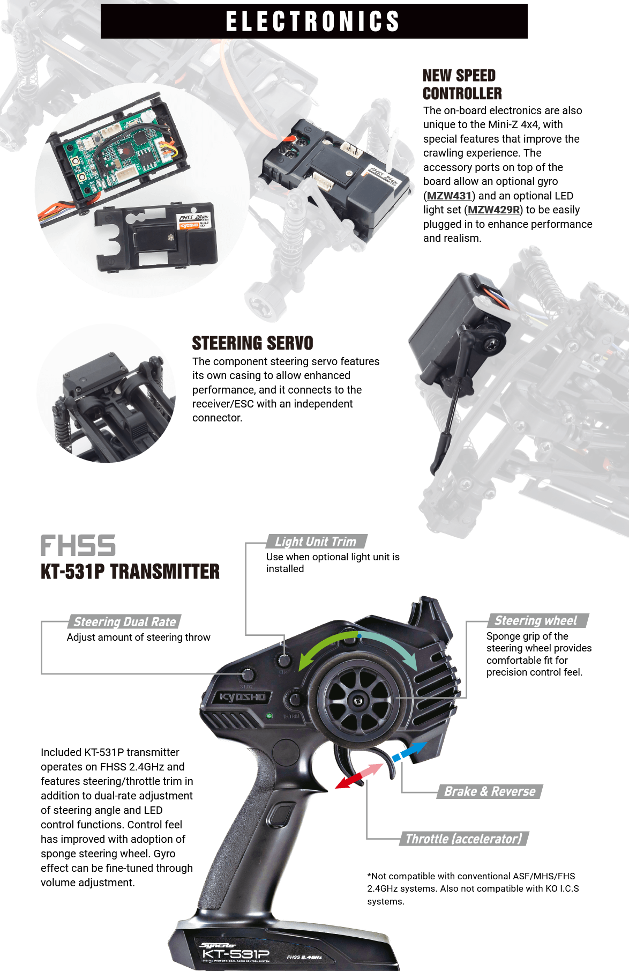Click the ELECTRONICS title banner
[x=314, y=21]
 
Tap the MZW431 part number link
[x=449, y=196]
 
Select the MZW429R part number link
[x=493, y=210]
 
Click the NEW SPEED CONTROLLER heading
[x=462, y=85]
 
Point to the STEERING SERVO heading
[x=252, y=343]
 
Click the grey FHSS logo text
[x=78, y=546]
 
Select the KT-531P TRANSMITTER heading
[x=130, y=572]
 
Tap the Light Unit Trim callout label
[x=316, y=542]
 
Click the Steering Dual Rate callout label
[x=124, y=622]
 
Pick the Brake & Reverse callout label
[x=490, y=791]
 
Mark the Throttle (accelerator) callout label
[x=464, y=839]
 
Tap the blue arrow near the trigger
[x=409, y=750]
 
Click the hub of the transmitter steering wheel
[x=357, y=700]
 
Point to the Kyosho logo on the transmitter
[x=242, y=697]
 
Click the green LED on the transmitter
[x=269, y=716]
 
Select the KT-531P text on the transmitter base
[x=236, y=954]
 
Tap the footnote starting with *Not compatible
[x=473, y=888]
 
